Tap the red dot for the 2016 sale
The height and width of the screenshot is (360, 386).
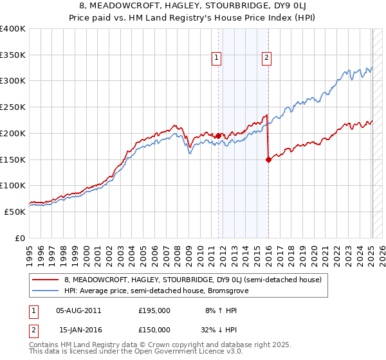coord(268,160)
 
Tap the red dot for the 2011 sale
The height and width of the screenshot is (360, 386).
coord(218,136)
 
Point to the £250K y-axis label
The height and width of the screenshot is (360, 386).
coord(13,107)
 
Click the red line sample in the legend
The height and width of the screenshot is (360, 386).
coord(45,280)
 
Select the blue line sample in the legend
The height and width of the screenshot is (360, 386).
coord(45,291)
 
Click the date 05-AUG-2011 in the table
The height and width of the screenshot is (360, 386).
coord(78,310)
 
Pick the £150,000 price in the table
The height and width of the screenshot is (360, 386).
coord(154,330)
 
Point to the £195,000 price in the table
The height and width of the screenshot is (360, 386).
coord(154,310)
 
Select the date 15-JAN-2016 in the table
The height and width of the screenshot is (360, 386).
coord(78,330)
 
